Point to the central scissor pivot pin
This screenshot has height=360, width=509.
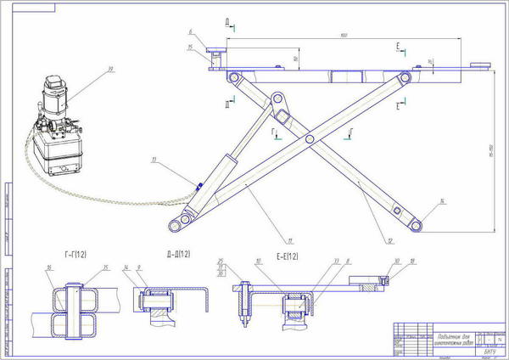click(310, 138)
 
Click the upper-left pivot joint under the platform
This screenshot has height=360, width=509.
click(232, 79)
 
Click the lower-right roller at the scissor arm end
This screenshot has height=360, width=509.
click(417, 223)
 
